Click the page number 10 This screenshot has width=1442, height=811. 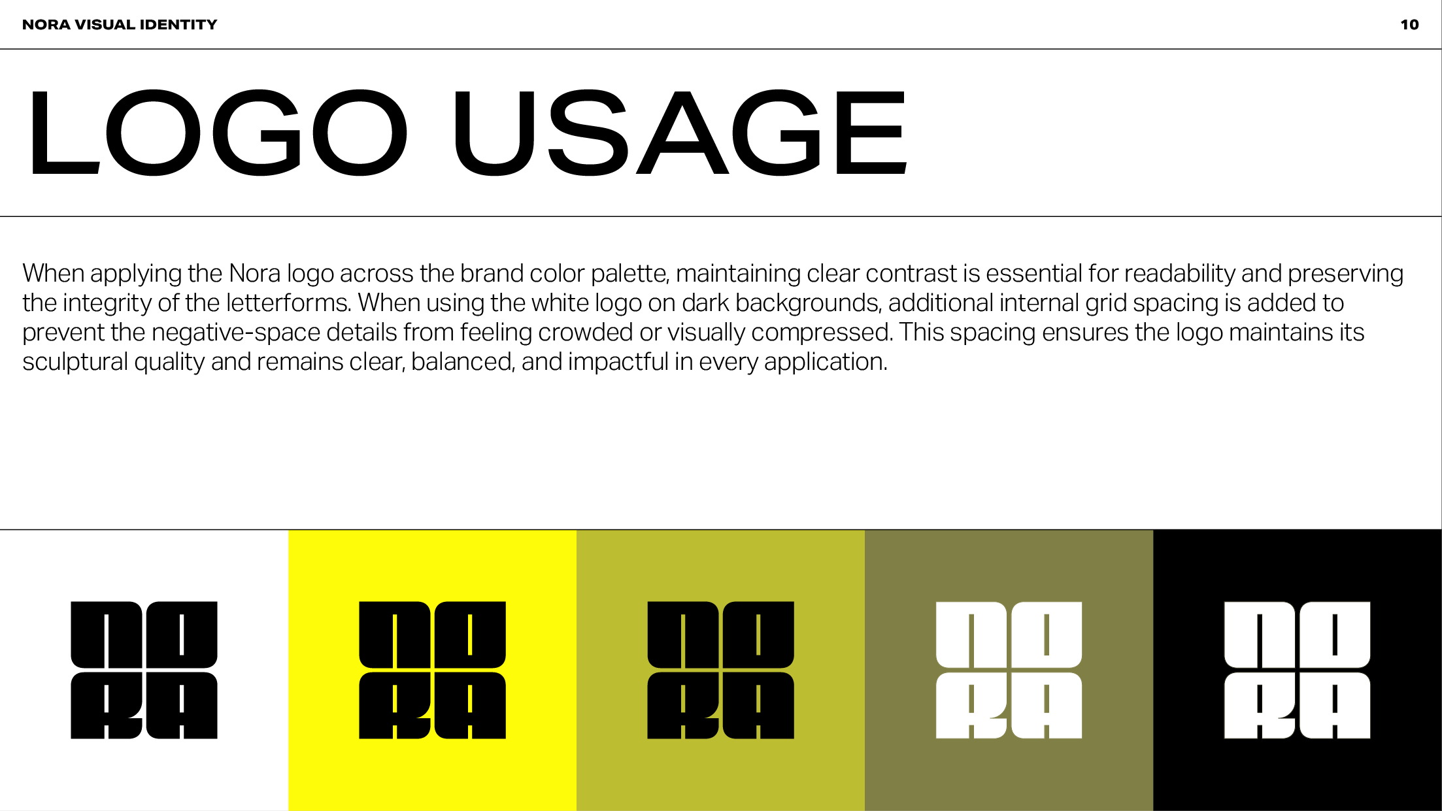(x=1409, y=25)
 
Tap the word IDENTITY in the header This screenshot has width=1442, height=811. (x=178, y=25)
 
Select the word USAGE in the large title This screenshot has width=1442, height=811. (x=680, y=133)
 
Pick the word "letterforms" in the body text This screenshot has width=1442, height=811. (x=289, y=303)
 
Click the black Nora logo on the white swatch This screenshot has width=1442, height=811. (x=144, y=670)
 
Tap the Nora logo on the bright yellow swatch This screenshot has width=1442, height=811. (x=432, y=670)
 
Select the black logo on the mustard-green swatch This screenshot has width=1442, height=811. (x=720, y=670)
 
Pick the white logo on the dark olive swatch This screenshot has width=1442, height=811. (x=1009, y=670)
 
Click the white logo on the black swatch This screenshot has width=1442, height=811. (x=1297, y=670)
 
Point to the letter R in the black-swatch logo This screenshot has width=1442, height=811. (x=1260, y=706)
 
